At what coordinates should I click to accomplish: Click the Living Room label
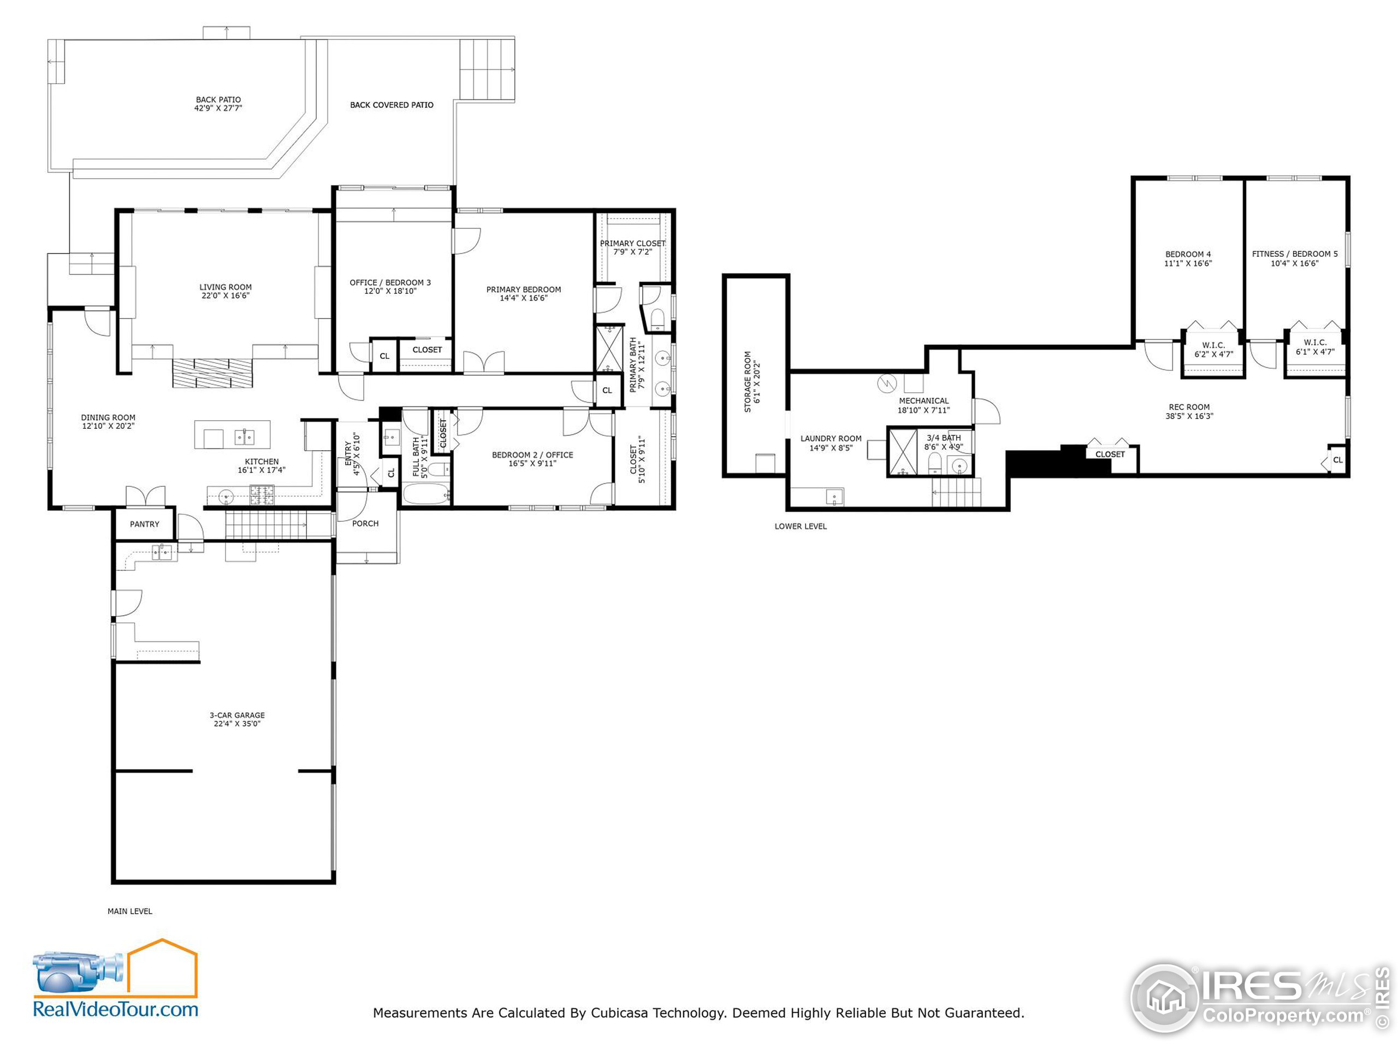click(x=226, y=287)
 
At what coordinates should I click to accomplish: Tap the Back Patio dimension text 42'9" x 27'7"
click(x=218, y=108)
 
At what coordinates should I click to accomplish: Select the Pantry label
click(x=145, y=524)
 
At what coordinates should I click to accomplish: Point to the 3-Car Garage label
click(x=237, y=715)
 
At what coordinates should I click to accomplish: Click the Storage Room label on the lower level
click(x=748, y=382)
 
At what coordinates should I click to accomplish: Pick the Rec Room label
click(x=1189, y=407)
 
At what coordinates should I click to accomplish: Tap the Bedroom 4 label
click(x=1188, y=254)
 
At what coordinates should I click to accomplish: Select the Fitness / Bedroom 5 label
click(x=1295, y=254)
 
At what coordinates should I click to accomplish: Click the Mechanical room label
click(x=924, y=401)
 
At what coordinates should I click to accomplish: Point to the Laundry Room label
click(x=831, y=439)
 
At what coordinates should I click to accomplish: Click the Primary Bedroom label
click(x=524, y=290)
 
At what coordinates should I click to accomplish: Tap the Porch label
click(x=365, y=523)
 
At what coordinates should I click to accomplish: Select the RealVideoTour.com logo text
click(x=116, y=1009)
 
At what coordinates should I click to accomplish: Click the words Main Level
click(x=129, y=911)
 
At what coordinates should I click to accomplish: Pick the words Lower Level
click(x=801, y=526)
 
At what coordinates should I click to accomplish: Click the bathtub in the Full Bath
click(x=426, y=493)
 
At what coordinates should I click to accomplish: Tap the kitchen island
click(x=233, y=435)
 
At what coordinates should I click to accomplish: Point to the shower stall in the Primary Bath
click(x=610, y=349)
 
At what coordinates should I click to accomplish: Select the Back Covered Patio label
click(x=392, y=105)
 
